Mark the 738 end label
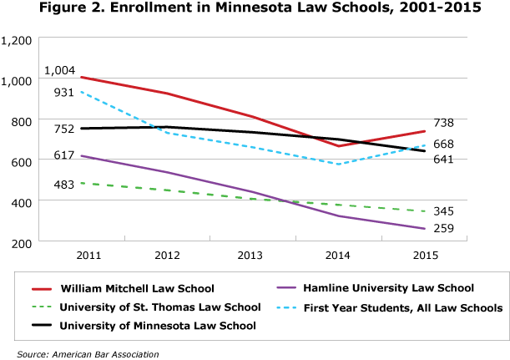click(x=444, y=123)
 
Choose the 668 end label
click(x=444, y=145)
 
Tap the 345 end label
click(x=444, y=211)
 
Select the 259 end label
click(x=444, y=229)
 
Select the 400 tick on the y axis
click(x=20, y=201)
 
